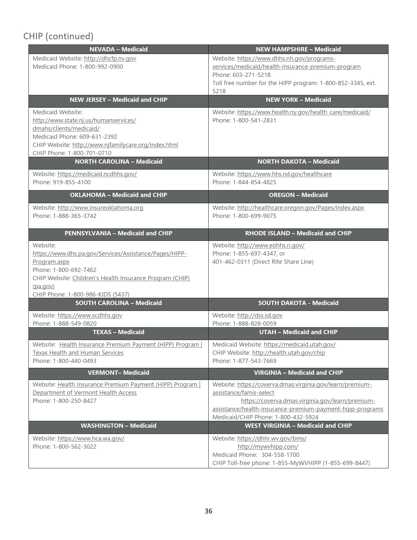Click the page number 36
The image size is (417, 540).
click(x=208, y=511)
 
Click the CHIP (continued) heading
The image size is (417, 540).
click(x=58, y=36)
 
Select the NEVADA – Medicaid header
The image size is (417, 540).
click(x=118, y=49)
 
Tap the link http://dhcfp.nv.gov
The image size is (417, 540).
click(x=110, y=59)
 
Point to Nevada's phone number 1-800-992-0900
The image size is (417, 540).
click(x=101, y=67)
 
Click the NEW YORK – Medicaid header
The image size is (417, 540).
click(x=298, y=100)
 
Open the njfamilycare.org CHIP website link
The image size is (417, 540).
click(x=125, y=145)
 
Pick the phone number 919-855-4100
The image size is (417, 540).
click(x=72, y=182)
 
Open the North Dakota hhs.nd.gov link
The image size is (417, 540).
click(x=284, y=174)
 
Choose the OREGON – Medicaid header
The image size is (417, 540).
click(x=298, y=195)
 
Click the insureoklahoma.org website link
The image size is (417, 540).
click(x=100, y=208)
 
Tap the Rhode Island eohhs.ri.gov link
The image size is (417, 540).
click(x=271, y=245)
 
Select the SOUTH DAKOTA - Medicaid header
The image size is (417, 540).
click(x=298, y=303)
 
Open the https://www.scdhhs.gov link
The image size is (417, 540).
click(x=90, y=315)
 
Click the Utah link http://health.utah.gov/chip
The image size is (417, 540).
click(x=288, y=353)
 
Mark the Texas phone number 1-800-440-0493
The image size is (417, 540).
click(x=75, y=361)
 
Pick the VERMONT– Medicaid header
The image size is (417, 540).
click(x=118, y=373)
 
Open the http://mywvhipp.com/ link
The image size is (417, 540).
click(x=268, y=447)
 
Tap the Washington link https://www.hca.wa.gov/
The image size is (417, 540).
click(x=91, y=439)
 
